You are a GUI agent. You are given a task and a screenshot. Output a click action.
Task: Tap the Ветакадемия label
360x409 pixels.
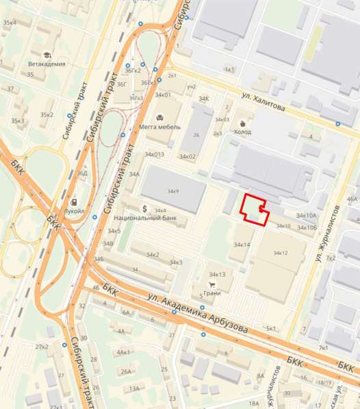[x=47, y=64]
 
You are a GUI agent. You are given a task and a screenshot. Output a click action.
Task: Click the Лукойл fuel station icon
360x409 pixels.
[x=75, y=203]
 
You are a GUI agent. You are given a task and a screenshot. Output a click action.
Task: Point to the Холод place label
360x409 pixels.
[x=242, y=132]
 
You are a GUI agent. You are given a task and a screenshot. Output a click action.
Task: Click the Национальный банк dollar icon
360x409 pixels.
[x=145, y=208]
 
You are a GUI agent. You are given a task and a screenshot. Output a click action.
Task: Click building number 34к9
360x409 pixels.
[x=172, y=191]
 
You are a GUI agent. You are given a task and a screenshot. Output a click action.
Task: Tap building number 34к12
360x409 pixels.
[x=280, y=253]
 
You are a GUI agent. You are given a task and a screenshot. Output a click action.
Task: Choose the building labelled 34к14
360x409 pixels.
[x=242, y=245]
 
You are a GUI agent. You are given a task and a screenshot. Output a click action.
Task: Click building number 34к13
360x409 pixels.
[x=217, y=274]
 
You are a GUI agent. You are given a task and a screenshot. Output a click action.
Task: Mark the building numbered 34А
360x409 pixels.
[x=134, y=175]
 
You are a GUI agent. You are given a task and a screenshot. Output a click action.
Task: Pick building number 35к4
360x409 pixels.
[x=10, y=23]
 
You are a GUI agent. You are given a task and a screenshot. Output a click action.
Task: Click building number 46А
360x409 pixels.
[x=352, y=199]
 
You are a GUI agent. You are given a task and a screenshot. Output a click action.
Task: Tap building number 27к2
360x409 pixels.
[x=42, y=347]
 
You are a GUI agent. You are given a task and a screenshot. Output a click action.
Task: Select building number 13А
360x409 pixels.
[x=135, y=388]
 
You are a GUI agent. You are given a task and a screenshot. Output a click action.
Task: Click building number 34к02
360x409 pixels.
[x=188, y=157]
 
